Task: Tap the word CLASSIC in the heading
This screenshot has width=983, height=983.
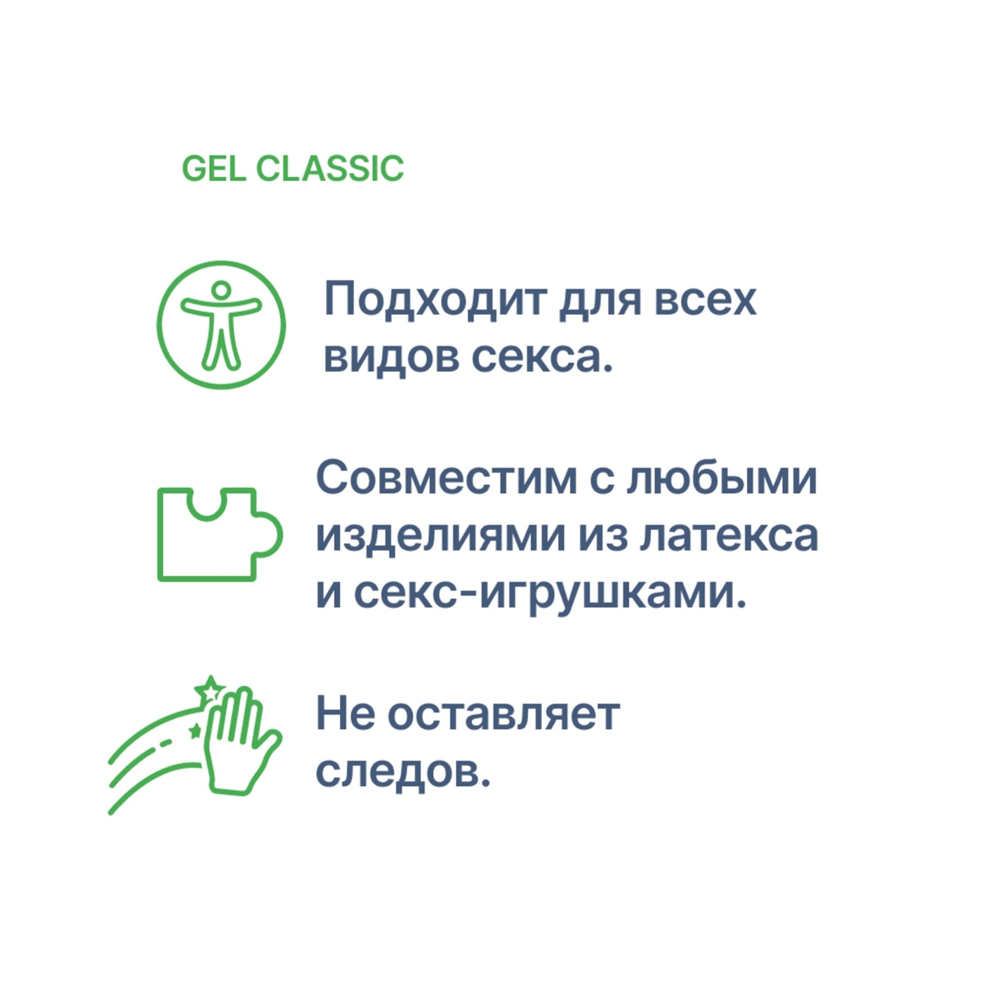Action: click(329, 169)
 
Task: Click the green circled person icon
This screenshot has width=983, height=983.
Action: click(221, 324)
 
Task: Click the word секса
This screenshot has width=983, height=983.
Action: click(541, 357)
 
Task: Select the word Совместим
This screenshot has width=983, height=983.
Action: click(446, 479)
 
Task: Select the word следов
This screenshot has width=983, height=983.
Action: click(402, 772)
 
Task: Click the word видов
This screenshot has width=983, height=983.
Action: click(390, 357)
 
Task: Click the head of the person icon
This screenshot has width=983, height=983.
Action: click(221, 289)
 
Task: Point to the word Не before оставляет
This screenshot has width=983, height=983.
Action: click(345, 715)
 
